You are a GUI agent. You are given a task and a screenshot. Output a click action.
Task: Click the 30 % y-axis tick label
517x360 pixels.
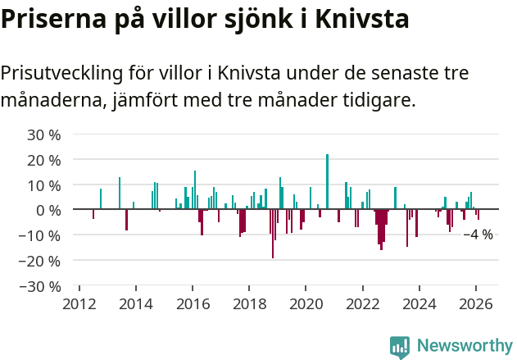[44, 134]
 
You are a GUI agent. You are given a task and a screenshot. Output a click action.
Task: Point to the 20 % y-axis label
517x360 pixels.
[44, 160]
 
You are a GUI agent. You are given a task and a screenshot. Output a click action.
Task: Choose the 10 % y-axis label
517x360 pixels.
[44, 185]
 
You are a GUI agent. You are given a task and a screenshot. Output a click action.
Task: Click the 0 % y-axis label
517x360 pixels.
[48, 211]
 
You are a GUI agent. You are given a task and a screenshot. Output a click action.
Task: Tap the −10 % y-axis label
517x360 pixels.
[40, 236]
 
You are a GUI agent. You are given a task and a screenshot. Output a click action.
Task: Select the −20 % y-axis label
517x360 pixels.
[40, 262]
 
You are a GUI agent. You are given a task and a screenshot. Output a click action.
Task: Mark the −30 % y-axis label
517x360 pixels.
[40, 287]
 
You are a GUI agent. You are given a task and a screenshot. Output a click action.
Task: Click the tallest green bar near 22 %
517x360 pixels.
[327, 181]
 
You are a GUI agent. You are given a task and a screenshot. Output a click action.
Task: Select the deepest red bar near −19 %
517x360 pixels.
[273, 234]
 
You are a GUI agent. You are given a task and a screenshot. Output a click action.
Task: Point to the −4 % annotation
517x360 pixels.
[478, 235]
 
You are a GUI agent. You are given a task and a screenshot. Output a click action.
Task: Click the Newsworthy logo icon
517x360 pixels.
[400, 346]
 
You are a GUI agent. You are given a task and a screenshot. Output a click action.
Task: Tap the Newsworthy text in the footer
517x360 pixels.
[465, 346]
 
